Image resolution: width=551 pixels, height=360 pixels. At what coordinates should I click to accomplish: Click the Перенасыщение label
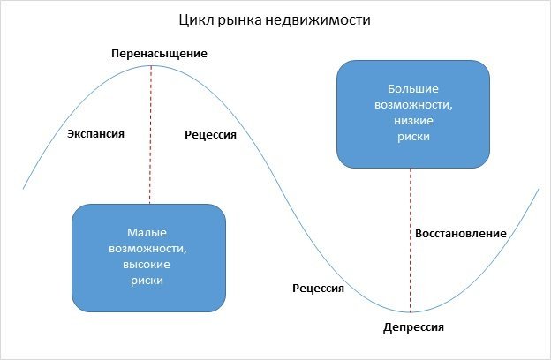(159, 54)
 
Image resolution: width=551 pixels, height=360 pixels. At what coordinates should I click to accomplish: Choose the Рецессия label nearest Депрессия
(318, 289)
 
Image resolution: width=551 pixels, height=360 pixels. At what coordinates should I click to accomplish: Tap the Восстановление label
(459, 234)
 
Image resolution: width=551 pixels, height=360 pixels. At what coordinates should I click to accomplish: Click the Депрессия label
(413, 327)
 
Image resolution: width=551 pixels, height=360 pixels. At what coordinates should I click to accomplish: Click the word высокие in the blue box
(147, 265)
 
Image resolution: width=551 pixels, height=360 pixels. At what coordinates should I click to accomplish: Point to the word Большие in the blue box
(413, 89)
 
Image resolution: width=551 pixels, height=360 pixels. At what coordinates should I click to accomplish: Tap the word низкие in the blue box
(413, 121)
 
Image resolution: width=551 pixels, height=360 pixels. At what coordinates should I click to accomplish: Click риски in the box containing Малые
(147, 281)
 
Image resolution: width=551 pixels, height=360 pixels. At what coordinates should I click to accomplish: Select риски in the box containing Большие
(413, 137)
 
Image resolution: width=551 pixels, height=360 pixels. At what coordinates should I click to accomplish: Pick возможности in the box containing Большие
(413, 105)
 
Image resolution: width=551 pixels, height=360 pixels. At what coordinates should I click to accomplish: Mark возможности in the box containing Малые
(147, 249)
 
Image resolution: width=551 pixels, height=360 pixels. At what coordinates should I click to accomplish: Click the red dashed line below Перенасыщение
(150, 132)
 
